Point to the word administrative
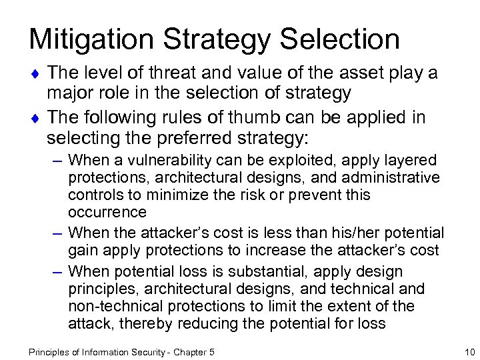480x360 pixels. pyautogui.click(x=395, y=178)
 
